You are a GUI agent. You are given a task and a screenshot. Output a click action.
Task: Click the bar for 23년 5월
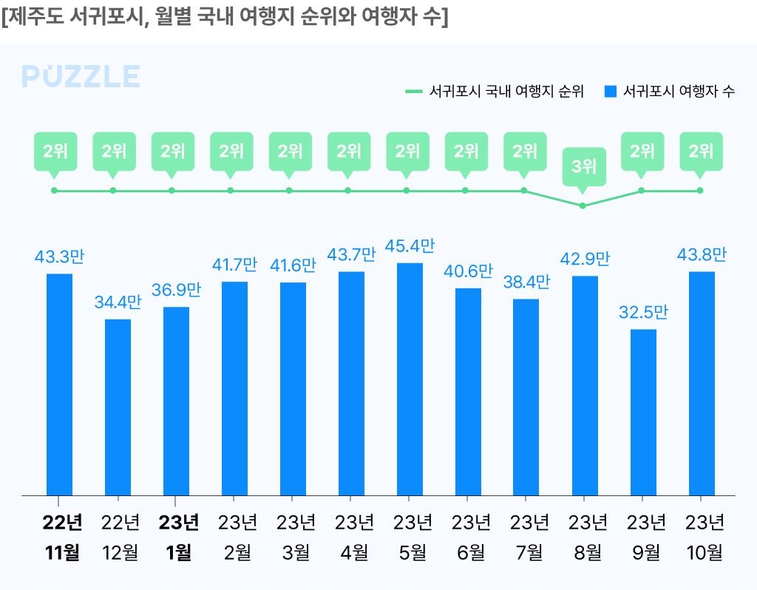click(x=410, y=379)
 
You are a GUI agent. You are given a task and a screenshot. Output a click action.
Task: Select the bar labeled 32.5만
click(x=643, y=412)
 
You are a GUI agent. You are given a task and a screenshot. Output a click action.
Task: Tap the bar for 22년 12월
click(x=118, y=407)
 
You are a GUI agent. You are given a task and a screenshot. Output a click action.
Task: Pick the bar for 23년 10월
click(x=702, y=383)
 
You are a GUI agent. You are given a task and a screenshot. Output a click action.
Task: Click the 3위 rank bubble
click(x=583, y=166)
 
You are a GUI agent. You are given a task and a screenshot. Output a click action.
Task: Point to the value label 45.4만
click(x=410, y=246)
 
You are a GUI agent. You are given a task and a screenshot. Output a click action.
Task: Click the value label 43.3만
click(x=59, y=257)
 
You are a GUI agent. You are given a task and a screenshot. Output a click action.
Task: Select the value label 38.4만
click(x=526, y=282)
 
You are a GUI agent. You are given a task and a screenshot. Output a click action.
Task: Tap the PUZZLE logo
click(x=81, y=77)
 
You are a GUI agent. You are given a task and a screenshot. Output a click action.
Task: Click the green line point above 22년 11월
click(x=54, y=191)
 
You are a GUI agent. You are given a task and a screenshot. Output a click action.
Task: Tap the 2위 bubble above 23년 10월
click(x=701, y=152)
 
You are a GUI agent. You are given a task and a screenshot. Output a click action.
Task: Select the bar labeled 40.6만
click(x=468, y=391)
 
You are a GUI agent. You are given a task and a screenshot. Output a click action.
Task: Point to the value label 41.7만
click(x=234, y=265)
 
